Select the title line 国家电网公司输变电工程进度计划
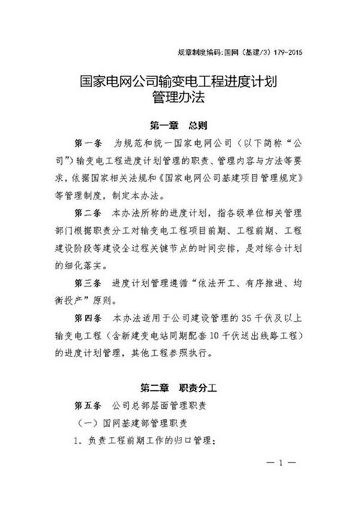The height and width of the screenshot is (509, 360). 179,83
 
